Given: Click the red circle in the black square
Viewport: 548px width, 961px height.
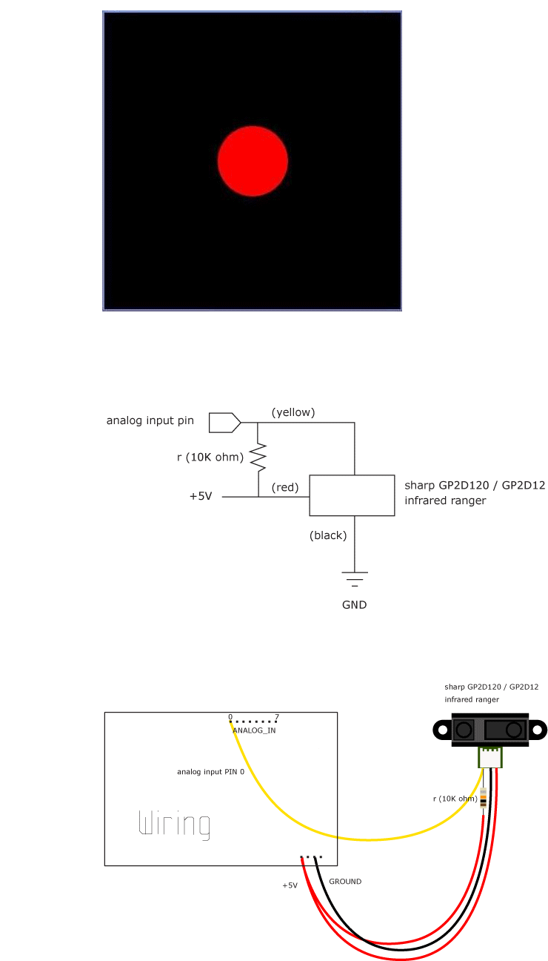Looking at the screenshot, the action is click(253, 161).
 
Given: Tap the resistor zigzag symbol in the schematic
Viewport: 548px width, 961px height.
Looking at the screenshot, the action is click(258, 458).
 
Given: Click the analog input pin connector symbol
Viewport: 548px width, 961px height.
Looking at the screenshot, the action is click(225, 423).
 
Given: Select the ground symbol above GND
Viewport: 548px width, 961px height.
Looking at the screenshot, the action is click(354, 579).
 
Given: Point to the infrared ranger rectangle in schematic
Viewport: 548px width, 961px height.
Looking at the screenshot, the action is click(352, 495).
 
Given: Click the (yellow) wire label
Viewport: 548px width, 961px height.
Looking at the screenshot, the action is click(293, 412).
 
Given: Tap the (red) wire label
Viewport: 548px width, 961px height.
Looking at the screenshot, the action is click(285, 487).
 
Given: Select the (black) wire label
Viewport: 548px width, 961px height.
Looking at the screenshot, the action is click(328, 535).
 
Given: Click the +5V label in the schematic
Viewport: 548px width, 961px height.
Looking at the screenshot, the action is click(201, 496).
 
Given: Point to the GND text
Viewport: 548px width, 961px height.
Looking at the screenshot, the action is click(354, 605).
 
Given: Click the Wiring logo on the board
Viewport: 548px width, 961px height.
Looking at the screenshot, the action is click(174, 825).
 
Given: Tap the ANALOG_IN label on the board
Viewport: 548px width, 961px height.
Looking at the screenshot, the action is click(254, 730).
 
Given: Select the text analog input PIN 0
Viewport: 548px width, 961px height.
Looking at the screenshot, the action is click(211, 772).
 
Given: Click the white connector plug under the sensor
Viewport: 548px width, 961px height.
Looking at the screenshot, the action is click(489, 758).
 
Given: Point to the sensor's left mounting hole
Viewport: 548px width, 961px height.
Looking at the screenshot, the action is click(443, 730).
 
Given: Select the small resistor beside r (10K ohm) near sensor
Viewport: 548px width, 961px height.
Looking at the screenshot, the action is click(484, 798).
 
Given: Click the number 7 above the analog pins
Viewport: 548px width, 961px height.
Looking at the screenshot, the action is click(277, 717).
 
